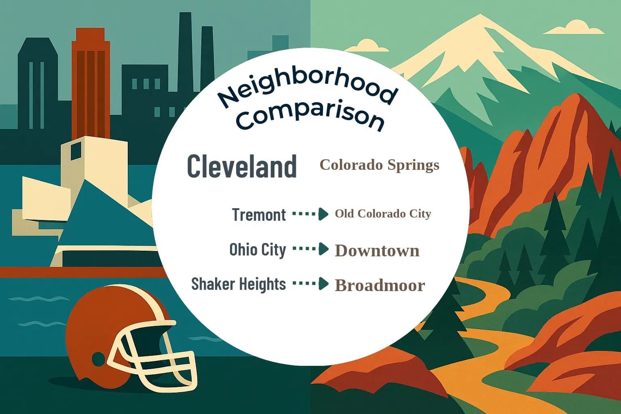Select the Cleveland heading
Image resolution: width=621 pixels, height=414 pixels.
coord(242,166)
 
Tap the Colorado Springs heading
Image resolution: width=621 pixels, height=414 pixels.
coord(379,165)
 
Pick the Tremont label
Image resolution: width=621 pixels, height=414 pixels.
coord(259,214)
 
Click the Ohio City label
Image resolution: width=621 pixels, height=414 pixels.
coord(258,249)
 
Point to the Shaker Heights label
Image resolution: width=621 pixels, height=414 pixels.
coord(239,284)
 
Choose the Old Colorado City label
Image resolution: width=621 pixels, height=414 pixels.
coord(383,213)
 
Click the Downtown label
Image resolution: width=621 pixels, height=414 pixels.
coord(377,251)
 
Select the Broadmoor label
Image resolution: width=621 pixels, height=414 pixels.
coord(380,285)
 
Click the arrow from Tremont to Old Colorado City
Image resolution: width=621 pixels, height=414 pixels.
coord(310,214)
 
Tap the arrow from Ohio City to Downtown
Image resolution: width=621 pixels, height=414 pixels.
coord(310,249)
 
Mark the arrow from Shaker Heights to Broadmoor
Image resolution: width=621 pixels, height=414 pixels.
coord(310,284)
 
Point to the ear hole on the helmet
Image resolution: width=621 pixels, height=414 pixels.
coord(98,359)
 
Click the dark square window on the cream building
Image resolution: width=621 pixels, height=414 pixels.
coord(76,152)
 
